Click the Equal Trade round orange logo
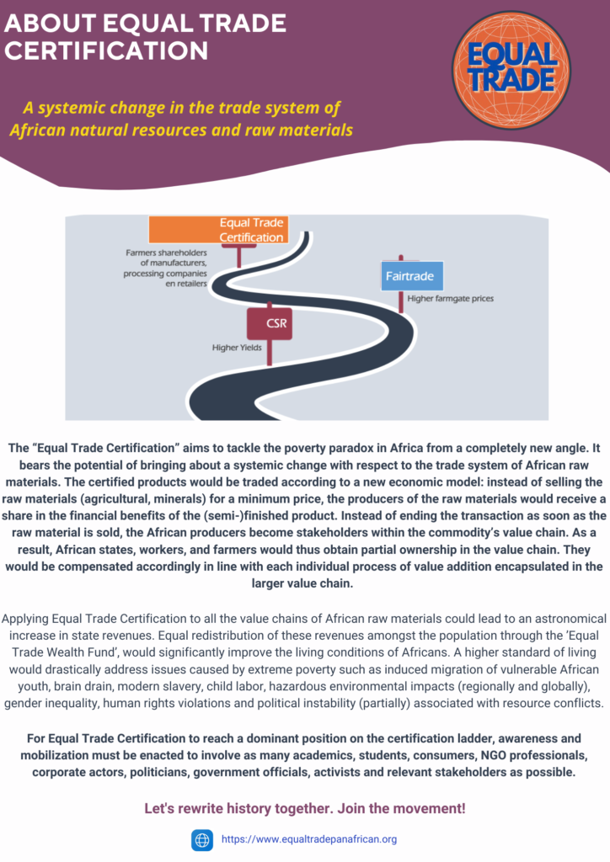click(511, 71)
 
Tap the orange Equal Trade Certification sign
click(218, 230)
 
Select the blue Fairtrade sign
click(412, 276)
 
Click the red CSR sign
click(270, 323)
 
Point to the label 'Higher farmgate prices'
click(450, 299)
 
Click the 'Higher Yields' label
click(237, 348)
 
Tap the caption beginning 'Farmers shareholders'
click(165, 269)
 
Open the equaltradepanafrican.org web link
click(309, 839)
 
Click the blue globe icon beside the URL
click(202, 840)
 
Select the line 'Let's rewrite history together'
click(305, 808)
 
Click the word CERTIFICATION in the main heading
click(106, 51)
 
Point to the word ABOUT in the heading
click(50, 23)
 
